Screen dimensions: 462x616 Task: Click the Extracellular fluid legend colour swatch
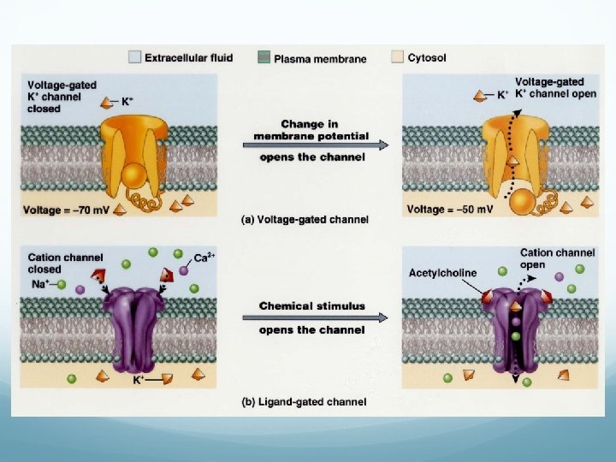pos(134,58)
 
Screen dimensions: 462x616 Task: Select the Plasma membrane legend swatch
pos(264,58)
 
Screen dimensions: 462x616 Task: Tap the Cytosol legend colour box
pos(397,58)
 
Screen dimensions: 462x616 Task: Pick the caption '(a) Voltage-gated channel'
pos(305,219)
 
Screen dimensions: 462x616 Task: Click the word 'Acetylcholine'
pos(442,273)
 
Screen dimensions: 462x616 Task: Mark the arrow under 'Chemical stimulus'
pos(313,317)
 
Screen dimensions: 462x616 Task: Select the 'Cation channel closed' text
pos(65,263)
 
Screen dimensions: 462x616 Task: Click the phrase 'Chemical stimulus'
pos(311,305)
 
